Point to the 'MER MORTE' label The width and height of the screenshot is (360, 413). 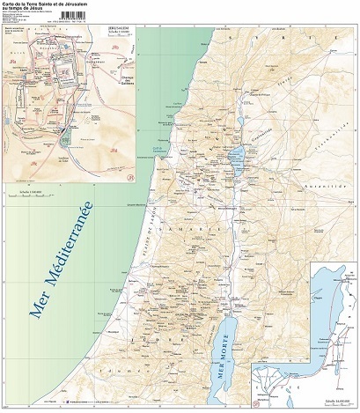click(228, 352)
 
